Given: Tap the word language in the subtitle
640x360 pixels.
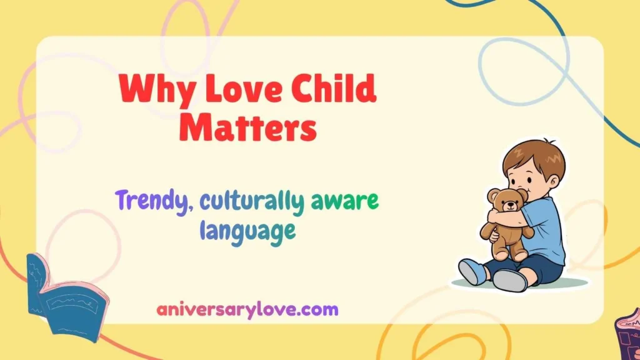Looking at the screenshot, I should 247,231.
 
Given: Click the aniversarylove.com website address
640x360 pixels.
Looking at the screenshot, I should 247,309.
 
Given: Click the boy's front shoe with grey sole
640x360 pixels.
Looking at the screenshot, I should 509,279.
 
